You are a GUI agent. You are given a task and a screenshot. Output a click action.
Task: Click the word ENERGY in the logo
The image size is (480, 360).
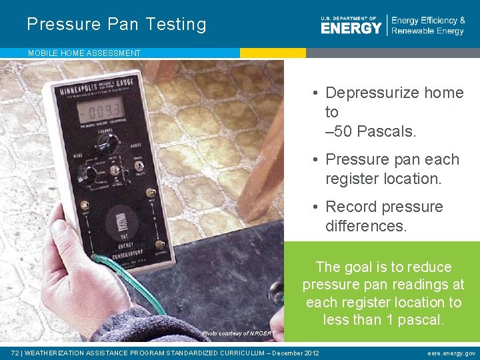click(x=351, y=28)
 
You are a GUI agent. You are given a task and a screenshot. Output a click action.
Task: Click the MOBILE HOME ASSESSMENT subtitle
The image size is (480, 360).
click(x=84, y=53)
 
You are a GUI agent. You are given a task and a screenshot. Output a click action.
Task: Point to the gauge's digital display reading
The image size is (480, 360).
click(x=98, y=108)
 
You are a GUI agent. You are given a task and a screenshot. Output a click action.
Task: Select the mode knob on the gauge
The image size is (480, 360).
click(x=86, y=175)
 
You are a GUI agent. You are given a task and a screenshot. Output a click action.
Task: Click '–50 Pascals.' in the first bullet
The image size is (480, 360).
click(x=371, y=131)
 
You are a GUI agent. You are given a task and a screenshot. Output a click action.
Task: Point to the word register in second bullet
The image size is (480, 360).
click(x=353, y=179)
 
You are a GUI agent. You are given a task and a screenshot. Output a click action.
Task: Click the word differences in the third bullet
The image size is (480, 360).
click(x=365, y=226)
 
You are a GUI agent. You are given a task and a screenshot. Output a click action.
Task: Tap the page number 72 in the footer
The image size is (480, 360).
click(x=15, y=353)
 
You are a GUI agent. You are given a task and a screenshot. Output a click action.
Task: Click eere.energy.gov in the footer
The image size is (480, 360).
click(x=451, y=353)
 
